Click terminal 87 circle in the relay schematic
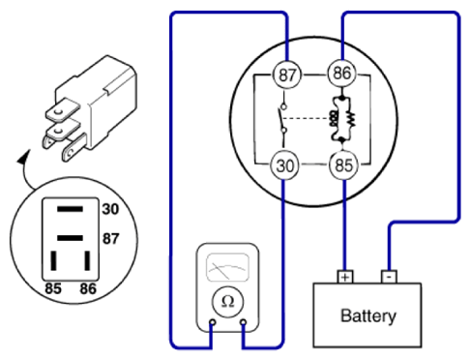287,75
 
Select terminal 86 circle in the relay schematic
342,74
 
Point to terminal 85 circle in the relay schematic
343,165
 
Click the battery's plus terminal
345,277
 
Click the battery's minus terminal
389,277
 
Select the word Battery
368,316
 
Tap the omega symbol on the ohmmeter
227,302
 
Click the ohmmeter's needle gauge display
227,267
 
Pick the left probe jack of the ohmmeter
213,322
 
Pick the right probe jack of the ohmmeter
244,322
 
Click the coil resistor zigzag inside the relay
351,119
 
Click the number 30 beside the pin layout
110,209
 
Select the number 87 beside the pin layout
110,239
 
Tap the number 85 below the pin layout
53,288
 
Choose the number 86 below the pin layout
88,288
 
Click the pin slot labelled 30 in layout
70,209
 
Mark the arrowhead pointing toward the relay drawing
23,157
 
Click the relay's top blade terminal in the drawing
62,110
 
